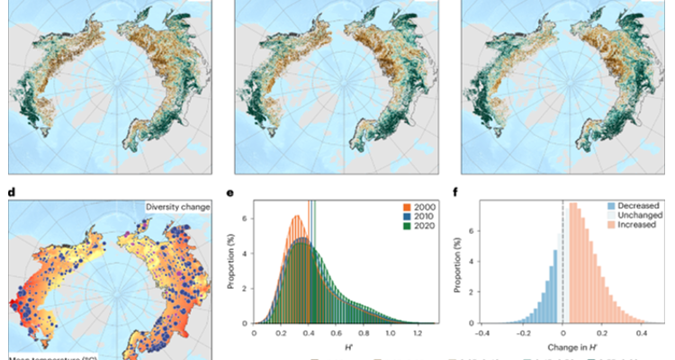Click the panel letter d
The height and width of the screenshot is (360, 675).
(13, 191)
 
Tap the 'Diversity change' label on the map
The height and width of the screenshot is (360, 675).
(176, 207)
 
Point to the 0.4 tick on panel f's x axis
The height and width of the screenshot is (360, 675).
(641, 332)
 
